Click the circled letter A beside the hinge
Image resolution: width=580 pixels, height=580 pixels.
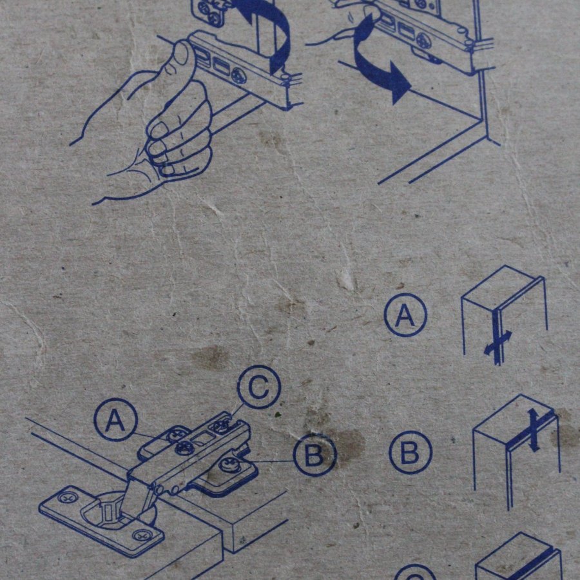point(115,420)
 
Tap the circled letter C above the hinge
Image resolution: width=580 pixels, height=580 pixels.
point(259,387)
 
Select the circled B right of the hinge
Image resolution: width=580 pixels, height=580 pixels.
point(314,454)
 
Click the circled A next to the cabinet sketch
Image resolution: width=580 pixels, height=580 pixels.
point(405,314)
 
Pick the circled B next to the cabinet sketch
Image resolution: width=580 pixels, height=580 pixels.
point(411,452)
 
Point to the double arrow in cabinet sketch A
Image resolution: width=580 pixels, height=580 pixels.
point(498,343)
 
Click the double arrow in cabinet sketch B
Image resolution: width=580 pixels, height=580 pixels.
point(534,430)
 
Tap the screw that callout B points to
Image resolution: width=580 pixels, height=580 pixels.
point(230,465)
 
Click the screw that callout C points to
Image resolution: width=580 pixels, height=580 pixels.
point(221,425)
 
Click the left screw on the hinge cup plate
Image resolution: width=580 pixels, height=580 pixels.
point(66,498)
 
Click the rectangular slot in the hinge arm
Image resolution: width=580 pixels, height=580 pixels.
point(202,439)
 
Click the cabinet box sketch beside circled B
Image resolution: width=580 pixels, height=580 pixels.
point(517,452)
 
